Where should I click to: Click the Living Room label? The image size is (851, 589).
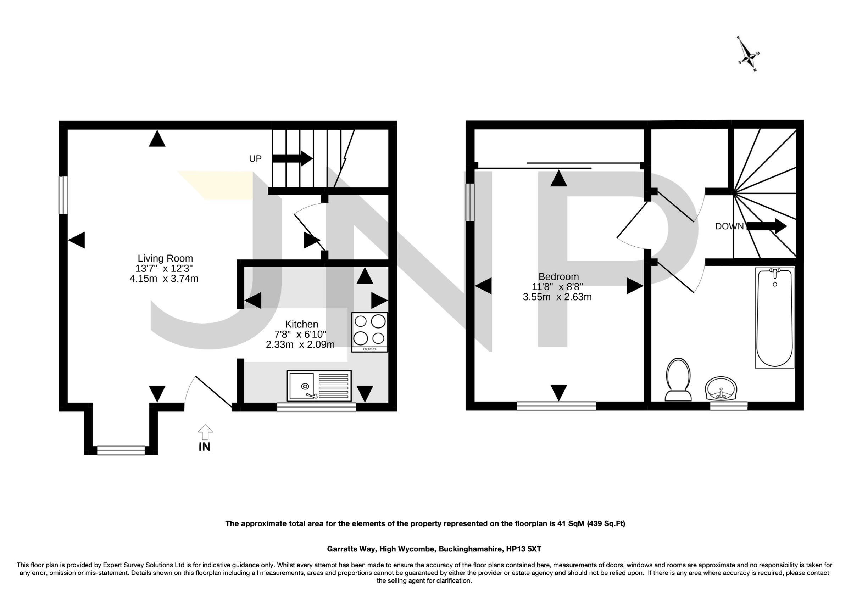pos(165,258)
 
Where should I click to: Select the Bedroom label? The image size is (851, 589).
pos(558,276)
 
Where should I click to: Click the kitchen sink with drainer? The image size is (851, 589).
pos(319,386)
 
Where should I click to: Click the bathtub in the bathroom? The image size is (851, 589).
pos(774,318)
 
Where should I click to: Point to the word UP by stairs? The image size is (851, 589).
pos(255,159)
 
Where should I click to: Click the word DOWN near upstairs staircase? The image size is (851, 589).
pos(729,226)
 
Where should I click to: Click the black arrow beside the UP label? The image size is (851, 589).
pos(292,158)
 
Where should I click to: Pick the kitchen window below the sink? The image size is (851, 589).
pos(316,407)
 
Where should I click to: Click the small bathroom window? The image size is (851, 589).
pos(728,406)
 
